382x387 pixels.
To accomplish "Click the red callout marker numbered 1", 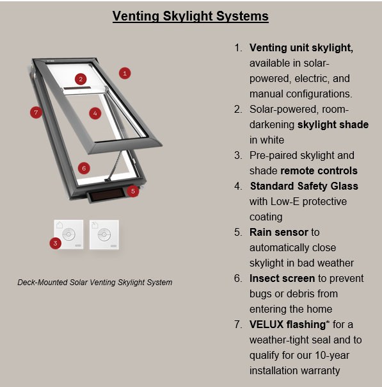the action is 125,73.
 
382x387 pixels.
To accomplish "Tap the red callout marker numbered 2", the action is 81,79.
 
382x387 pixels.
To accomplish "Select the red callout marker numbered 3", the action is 55,243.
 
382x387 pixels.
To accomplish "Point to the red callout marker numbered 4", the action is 95,113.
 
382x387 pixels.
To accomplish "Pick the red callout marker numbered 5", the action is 133,192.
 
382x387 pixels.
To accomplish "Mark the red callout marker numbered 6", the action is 84,169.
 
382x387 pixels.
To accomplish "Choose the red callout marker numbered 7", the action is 36,113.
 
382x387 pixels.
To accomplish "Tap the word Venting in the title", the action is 136,16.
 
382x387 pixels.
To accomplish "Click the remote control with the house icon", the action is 68,235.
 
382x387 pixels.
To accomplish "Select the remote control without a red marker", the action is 104,235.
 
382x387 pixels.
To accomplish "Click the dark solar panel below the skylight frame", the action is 107,195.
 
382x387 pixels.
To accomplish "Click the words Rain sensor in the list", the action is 279,232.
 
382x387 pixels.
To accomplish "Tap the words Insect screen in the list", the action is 282,279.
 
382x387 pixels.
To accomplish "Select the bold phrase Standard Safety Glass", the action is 304,186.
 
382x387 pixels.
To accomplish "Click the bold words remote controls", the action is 319,171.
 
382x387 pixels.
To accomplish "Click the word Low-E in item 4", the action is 285,202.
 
